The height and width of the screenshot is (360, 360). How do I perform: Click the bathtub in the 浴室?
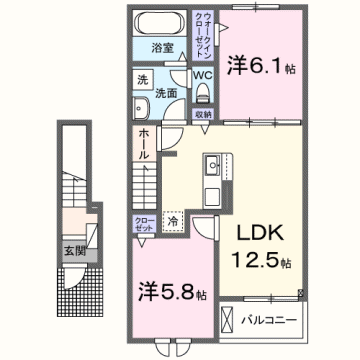tap(159, 24)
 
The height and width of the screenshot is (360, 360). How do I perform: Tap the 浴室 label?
tap(163, 47)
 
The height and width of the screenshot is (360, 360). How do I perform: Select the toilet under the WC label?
tap(203, 93)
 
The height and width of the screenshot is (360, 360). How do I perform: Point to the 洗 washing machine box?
tap(142, 80)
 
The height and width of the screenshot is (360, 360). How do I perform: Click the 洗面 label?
tap(167, 91)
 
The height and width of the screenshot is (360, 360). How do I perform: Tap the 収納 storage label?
tap(203, 114)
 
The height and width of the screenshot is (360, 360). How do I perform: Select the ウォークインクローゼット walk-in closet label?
tap(205, 37)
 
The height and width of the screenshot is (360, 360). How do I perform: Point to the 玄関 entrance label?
tap(73, 251)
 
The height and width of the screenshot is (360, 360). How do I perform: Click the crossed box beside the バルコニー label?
tap(229, 321)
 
